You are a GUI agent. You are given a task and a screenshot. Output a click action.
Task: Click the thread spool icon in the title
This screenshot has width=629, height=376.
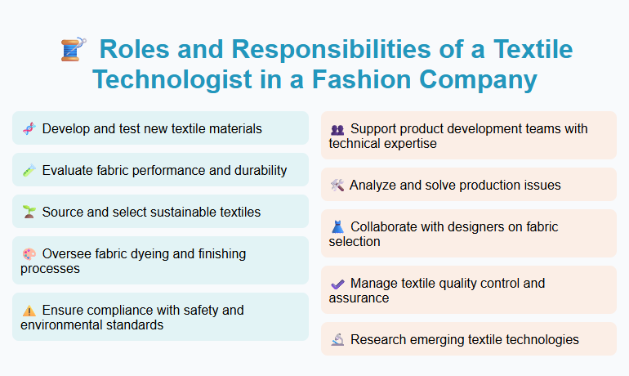(73, 49)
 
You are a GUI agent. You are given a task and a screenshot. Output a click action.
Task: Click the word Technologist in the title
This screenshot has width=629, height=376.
(174, 80)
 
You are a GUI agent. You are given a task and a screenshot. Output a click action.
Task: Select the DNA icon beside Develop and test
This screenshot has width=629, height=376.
(29, 128)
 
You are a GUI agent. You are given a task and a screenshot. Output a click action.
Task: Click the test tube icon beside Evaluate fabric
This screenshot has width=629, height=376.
(29, 171)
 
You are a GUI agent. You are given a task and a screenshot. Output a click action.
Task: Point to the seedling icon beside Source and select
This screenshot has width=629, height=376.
(29, 213)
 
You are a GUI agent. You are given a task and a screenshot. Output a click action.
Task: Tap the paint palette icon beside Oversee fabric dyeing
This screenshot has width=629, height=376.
(29, 254)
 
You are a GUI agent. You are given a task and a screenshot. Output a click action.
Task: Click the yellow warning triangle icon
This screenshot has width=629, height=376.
(29, 311)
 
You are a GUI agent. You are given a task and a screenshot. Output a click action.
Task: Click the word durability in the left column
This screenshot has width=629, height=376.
(257, 171)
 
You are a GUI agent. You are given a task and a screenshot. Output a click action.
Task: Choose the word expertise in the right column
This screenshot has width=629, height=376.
(409, 144)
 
